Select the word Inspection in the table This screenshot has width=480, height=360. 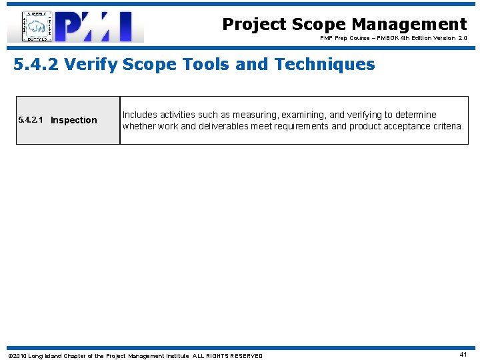tap(74, 121)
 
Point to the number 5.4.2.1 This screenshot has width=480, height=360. tap(31, 120)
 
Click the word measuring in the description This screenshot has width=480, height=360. tap(253, 115)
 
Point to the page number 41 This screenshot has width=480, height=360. tap(463, 355)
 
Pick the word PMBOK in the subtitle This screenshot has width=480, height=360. tap(379, 39)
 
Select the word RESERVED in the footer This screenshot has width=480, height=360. tap(247, 356)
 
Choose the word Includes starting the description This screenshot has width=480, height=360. tap(140, 115)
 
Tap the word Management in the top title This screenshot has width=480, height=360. tap(409, 25)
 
